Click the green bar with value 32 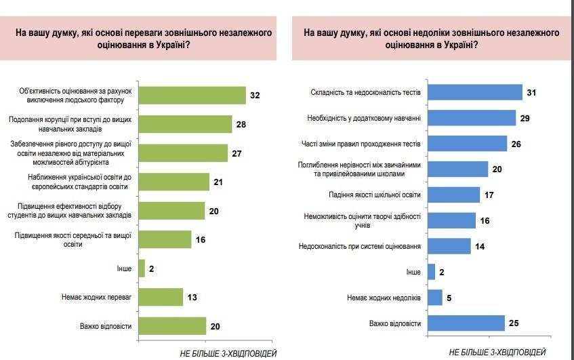point(192,96)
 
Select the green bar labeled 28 point(185,124)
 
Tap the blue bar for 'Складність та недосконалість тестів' point(475,92)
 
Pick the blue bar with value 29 point(472,118)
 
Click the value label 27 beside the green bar point(237,153)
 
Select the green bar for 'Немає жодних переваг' point(161,297)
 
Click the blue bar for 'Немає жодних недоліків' point(435,298)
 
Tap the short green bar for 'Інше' point(142,268)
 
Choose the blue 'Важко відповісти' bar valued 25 point(466,323)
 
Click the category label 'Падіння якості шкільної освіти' point(380,195)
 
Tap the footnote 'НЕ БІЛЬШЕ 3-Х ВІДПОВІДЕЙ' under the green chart point(228,353)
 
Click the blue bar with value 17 point(454,195)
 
